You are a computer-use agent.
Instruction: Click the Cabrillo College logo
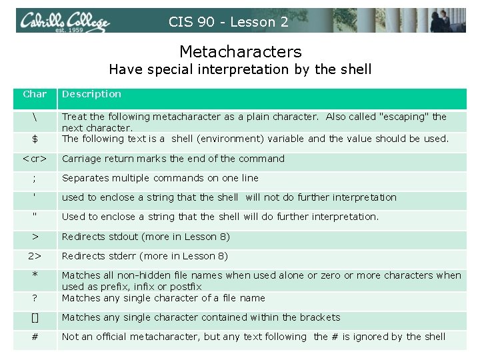tap(63, 21)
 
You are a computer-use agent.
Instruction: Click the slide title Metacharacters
tap(240, 51)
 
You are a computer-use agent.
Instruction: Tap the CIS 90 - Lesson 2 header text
tap(229, 22)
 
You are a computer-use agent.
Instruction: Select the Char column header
tap(35, 94)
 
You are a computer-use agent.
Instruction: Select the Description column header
tap(91, 94)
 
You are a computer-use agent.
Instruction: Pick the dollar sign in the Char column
tap(35, 139)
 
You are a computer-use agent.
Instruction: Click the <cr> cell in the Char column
tap(35, 159)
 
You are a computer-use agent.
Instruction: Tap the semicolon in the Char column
tap(35, 178)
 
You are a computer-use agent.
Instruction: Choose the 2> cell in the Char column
tap(35, 256)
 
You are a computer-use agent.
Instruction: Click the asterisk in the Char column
tap(35, 275)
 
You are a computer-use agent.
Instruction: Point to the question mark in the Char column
tap(35, 298)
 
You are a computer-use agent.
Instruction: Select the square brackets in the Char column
tap(35, 317)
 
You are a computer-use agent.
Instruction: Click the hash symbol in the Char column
tap(35, 337)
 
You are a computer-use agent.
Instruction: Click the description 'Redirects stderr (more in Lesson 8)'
tap(145, 256)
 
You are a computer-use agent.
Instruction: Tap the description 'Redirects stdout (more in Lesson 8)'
tap(145, 237)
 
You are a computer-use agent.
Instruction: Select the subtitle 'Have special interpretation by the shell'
tap(240, 69)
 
